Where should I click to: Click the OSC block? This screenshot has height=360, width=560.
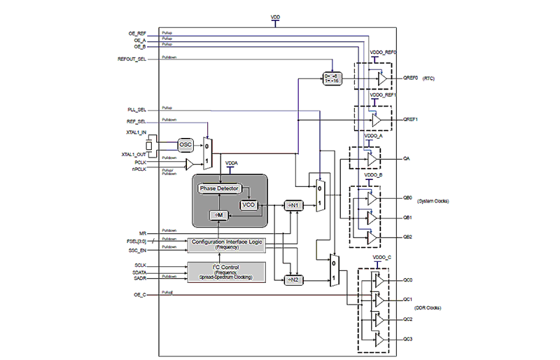pyautogui.click(x=185, y=145)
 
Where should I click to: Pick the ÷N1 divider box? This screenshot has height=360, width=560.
pyautogui.click(x=293, y=205)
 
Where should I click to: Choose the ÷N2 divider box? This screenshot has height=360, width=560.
pyautogui.click(x=293, y=280)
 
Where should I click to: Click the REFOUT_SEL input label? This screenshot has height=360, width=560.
pyautogui.click(x=132, y=60)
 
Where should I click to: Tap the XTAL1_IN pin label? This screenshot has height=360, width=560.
pyautogui.click(x=134, y=132)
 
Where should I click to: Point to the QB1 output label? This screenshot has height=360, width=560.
pyautogui.click(x=408, y=218)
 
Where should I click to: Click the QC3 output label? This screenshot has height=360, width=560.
pyautogui.click(x=408, y=339)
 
